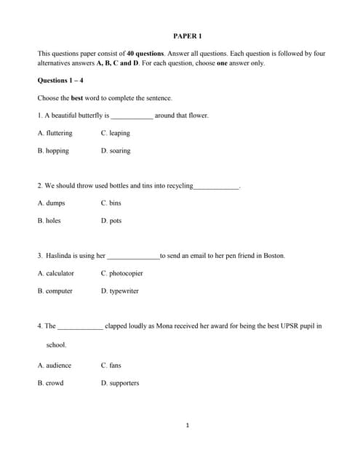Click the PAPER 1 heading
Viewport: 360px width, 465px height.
point(187,36)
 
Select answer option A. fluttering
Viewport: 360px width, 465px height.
point(55,134)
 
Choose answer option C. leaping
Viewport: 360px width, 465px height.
point(115,134)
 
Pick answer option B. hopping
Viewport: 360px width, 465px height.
point(53,151)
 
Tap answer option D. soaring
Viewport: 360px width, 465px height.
point(116,151)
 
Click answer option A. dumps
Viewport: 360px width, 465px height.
point(51,203)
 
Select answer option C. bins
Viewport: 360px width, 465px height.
point(111,203)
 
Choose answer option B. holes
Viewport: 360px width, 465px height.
point(49,221)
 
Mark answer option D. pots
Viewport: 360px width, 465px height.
point(111,221)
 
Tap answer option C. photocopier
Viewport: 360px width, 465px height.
point(121,274)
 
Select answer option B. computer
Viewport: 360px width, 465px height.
point(55,291)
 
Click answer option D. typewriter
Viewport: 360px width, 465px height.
point(119,291)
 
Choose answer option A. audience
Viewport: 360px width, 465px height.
point(55,365)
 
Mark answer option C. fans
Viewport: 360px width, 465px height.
point(111,365)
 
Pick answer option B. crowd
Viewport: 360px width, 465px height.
point(50,383)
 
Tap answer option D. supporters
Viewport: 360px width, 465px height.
point(119,383)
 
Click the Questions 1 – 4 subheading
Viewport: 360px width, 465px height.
point(60,81)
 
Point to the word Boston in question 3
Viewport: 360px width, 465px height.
point(273,256)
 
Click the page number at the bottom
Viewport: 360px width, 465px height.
point(187,426)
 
